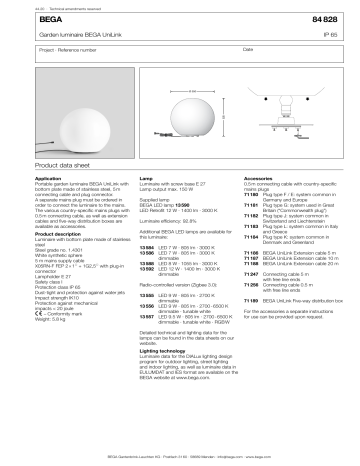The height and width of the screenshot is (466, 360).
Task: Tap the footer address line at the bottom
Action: (180, 457)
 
